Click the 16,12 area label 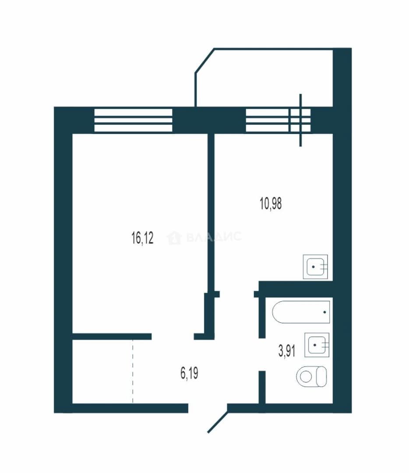(x=142, y=238)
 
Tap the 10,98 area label (x=271, y=204)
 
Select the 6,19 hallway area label (x=189, y=373)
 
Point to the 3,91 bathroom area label (x=286, y=351)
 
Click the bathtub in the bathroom (x=301, y=312)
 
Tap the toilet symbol (x=312, y=377)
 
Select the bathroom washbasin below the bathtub (x=317, y=345)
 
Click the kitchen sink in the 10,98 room (x=315, y=267)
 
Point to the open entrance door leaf (x=218, y=422)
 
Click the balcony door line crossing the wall (x=300, y=120)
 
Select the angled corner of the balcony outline (x=204, y=60)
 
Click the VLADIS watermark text (x=214, y=237)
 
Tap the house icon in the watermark (x=174, y=238)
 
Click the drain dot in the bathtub (x=324, y=312)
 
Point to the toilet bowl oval (x=306, y=377)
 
